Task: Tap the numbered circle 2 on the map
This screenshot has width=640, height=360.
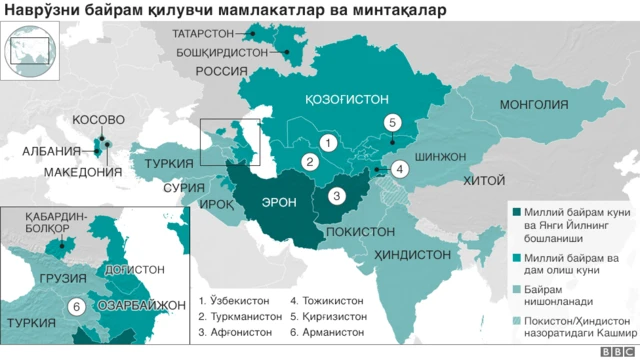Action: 311,161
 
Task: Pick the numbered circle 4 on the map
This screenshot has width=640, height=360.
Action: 399,169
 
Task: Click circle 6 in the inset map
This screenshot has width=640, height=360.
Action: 75,306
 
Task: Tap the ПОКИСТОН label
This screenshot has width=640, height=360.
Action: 355,231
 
